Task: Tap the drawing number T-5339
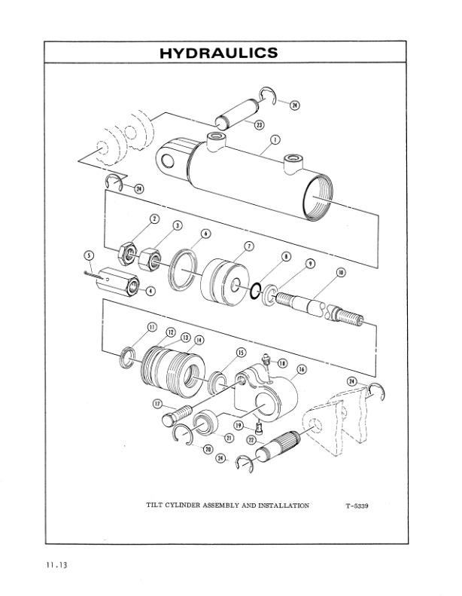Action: [x=350, y=506]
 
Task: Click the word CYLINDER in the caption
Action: [x=192, y=506]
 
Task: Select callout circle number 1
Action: [x=275, y=140]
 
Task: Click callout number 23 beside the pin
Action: [x=260, y=124]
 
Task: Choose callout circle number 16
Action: [x=301, y=370]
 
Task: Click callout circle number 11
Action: [x=151, y=327]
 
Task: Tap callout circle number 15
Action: [x=242, y=352]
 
